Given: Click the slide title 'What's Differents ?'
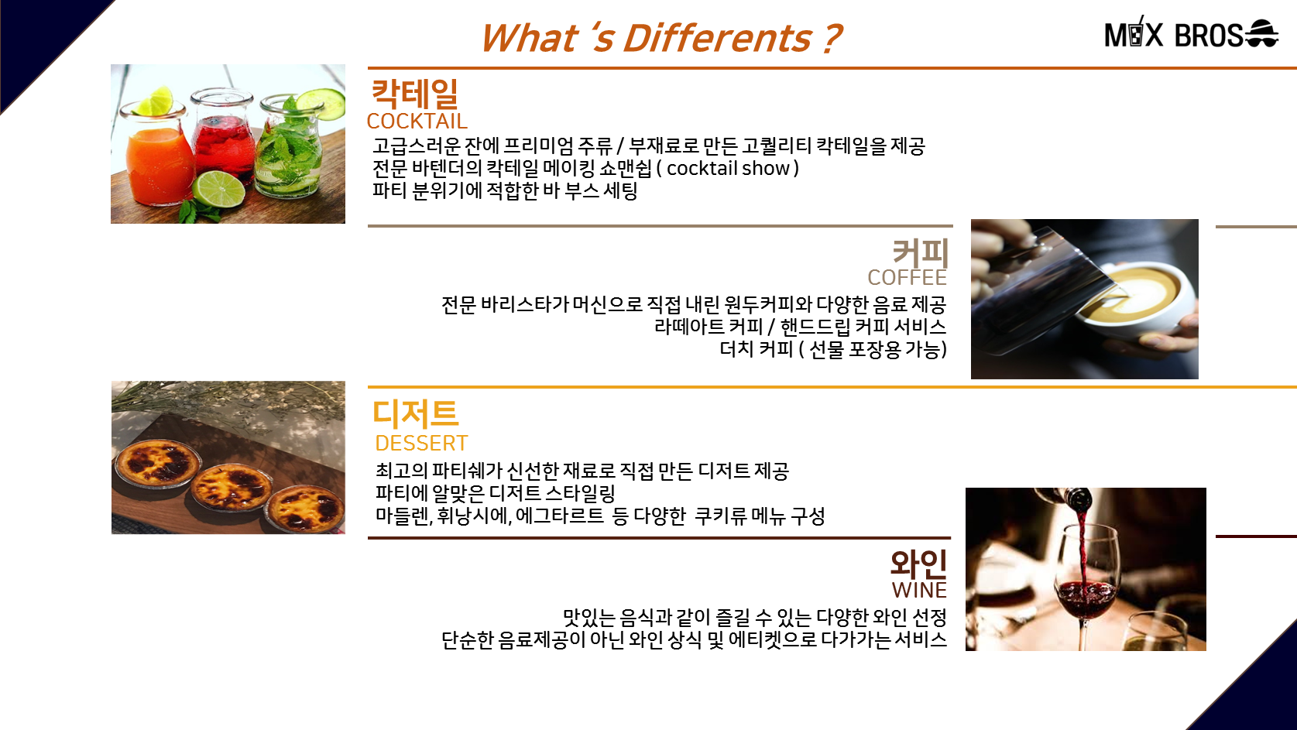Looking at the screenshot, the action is click(x=661, y=38).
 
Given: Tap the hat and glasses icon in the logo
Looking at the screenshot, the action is click(x=1261, y=33).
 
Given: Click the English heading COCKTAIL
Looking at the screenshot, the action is click(x=417, y=121).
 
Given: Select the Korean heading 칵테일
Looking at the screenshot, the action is click(x=414, y=94).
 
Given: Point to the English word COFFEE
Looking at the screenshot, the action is click(x=907, y=278).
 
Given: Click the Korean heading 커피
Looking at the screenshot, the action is click(x=920, y=253).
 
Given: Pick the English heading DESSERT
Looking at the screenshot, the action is click(x=421, y=444).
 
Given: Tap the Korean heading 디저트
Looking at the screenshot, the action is click(x=415, y=414).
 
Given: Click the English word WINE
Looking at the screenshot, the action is click(x=919, y=591).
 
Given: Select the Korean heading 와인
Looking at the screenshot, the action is click(x=919, y=564).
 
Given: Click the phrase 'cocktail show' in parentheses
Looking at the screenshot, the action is click(x=729, y=169).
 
